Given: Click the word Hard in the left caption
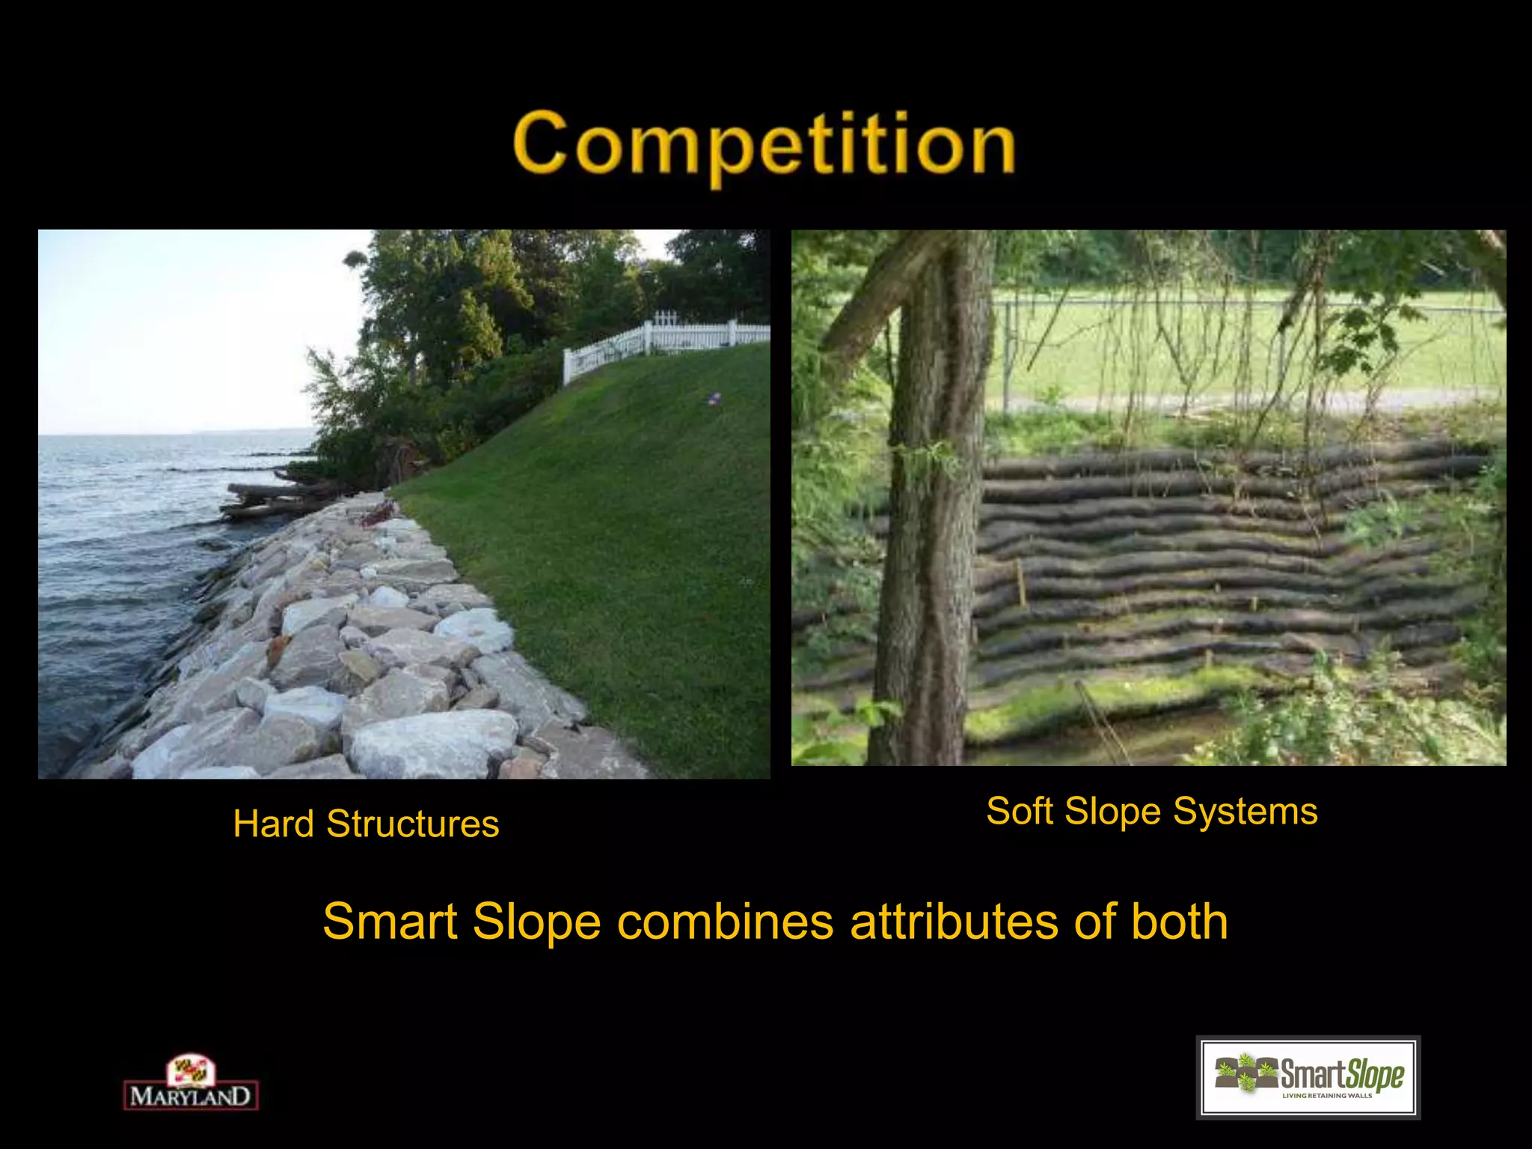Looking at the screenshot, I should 273,824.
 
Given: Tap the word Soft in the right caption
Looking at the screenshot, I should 1020,812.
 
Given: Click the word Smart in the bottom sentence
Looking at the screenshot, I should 389,922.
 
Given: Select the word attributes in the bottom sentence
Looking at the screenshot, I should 955,922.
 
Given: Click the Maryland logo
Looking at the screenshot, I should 191,1082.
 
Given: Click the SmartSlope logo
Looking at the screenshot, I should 1308,1077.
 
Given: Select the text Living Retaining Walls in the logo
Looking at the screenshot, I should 1327,1096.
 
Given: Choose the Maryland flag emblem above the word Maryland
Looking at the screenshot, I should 191,1070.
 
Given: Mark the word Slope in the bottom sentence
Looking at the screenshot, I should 536,922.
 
